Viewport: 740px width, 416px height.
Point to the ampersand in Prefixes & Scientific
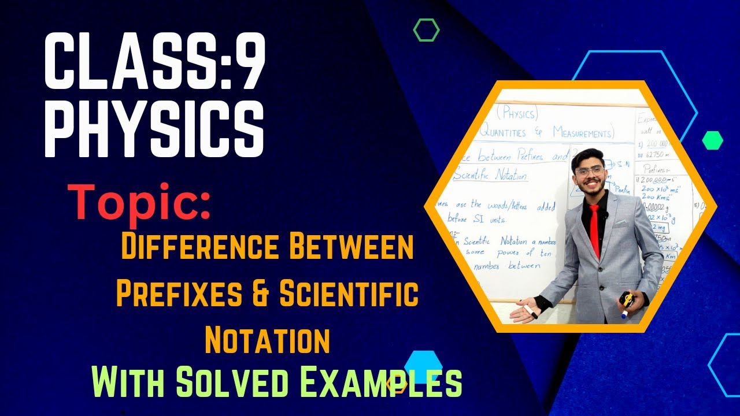point(261,295)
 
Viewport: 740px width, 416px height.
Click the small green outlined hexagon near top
point(427,30)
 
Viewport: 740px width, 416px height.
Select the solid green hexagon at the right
point(712,140)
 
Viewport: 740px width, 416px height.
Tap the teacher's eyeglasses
point(589,172)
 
